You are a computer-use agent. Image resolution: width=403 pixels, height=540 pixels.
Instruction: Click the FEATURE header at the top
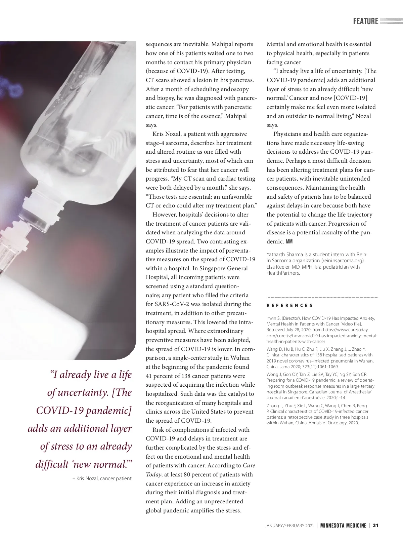coord(365,22)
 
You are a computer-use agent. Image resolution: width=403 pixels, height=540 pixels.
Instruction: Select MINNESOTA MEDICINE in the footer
coord(343,526)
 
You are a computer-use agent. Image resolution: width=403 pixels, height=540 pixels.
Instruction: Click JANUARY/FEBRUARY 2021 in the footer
coord(289,526)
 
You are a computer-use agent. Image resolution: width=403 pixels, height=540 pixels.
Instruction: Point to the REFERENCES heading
coord(289,306)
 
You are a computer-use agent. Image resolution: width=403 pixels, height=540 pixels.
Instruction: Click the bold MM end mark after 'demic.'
coord(289,242)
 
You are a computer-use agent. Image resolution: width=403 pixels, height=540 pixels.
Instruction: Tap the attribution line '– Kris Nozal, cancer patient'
coord(102,478)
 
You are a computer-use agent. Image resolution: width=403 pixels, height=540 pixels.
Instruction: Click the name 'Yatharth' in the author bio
coord(277,255)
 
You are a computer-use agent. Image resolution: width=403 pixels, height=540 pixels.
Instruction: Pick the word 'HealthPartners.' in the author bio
coord(283,273)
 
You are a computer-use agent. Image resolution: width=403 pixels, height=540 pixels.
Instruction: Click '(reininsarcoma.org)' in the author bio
coord(343,261)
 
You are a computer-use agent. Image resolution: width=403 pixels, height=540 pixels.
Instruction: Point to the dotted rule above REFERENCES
coord(322,297)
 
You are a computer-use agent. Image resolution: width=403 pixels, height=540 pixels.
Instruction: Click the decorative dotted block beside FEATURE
coord(391,22)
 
